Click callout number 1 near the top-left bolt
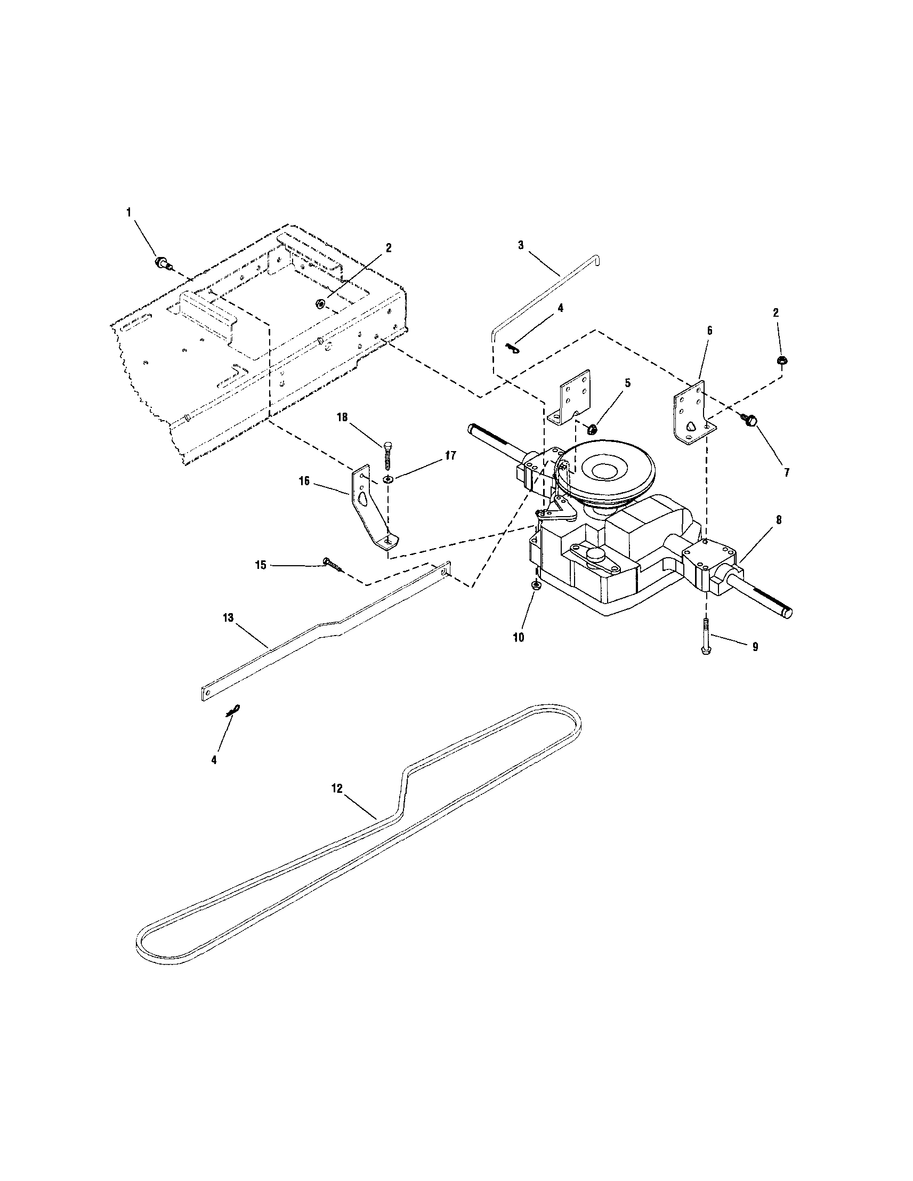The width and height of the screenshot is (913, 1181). point(128,213)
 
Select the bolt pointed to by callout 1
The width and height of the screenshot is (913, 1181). point(161,263)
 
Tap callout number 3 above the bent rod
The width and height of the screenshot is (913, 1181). point(520,245)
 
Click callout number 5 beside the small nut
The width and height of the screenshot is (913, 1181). point(627,382)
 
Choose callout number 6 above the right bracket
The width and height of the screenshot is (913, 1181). point(709,330)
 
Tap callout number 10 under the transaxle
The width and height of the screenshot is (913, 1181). point(518,638)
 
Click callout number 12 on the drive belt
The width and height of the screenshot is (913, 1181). point(337,789)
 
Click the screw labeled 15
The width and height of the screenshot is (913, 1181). point(332,564)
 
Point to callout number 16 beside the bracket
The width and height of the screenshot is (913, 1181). point(304,481)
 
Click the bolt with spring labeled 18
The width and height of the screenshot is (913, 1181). point(387,453)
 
